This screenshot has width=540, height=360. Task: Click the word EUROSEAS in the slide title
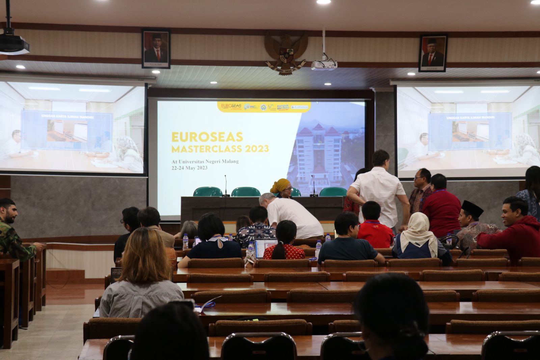pyautogui.click(x=207, y=137)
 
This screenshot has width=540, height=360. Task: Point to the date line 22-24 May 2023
pyautogui.click(x=189, y=168)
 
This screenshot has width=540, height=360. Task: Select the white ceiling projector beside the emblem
pyautogui.click(x=324, y=64)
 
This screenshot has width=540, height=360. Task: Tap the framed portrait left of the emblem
pyautogui.click(x=156, y=49)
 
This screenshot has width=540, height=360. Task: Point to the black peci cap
pyautogui.click(x=473, y=207)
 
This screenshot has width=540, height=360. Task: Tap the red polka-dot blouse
pyautogui.click(x=285, y=251)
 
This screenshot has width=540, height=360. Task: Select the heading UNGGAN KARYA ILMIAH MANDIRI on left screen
pyautogui.click(x=67, y=117)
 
